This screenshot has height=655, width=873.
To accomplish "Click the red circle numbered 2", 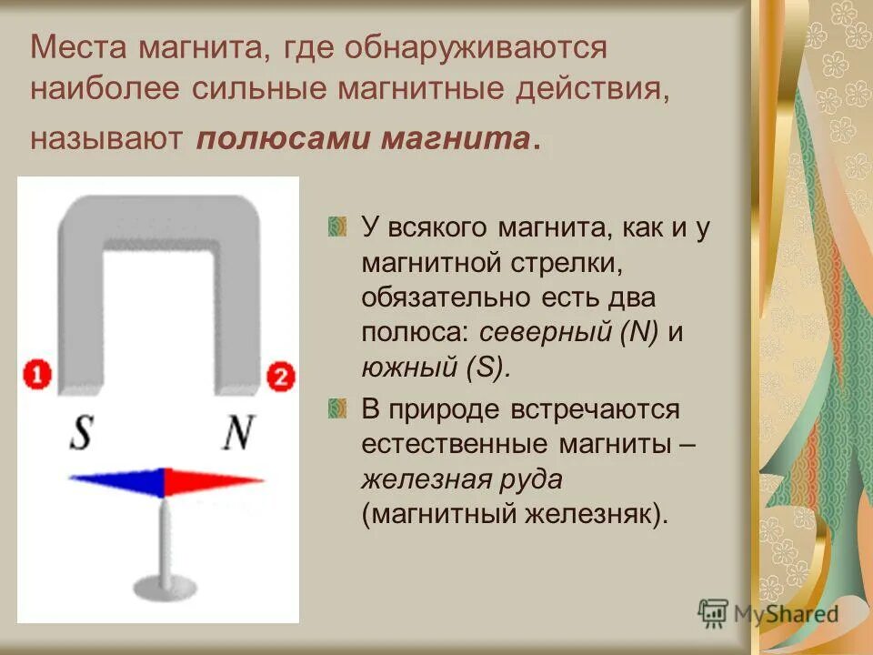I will click(280, 377).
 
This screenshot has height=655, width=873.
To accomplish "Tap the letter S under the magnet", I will click(82, 434).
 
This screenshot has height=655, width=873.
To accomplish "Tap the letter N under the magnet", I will click(238, 434).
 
